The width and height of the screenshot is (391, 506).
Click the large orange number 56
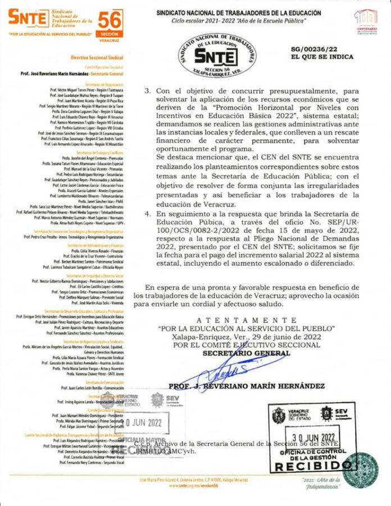tap(110, 20)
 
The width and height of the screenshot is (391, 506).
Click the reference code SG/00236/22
tap(322, 49)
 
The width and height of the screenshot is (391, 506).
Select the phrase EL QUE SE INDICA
tap(322, 57)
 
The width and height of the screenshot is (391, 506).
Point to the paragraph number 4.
tap(148, 214)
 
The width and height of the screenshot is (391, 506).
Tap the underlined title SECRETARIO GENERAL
tap(247, 353)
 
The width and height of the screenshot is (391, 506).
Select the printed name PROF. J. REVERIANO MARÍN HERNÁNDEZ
tap(247, 386)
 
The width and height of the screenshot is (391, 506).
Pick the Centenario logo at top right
tap(366, 21)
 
